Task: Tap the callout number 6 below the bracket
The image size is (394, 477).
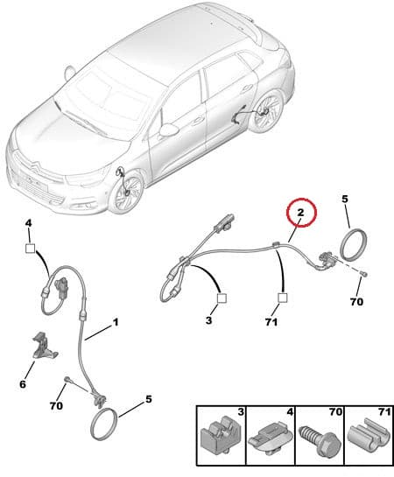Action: click(23, 384)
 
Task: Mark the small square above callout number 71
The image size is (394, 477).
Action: click(282, 298)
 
